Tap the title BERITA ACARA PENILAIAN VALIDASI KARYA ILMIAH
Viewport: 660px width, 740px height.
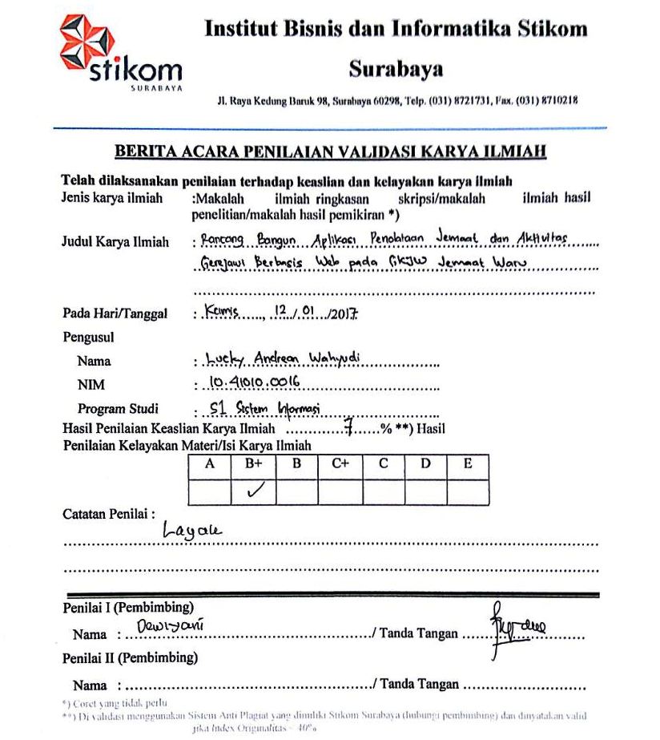point(330,151)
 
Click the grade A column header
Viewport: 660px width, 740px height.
point(211,464)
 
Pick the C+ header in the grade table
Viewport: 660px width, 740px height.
point(340,464)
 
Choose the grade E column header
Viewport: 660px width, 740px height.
point(467,464)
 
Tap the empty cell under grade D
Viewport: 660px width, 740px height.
point(425,491)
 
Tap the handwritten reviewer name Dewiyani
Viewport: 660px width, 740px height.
point(170,624)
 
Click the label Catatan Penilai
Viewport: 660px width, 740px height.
point(108,514)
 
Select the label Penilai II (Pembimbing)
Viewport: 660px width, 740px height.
point(130,658)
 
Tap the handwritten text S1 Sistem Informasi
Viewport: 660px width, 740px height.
point(264,409)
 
